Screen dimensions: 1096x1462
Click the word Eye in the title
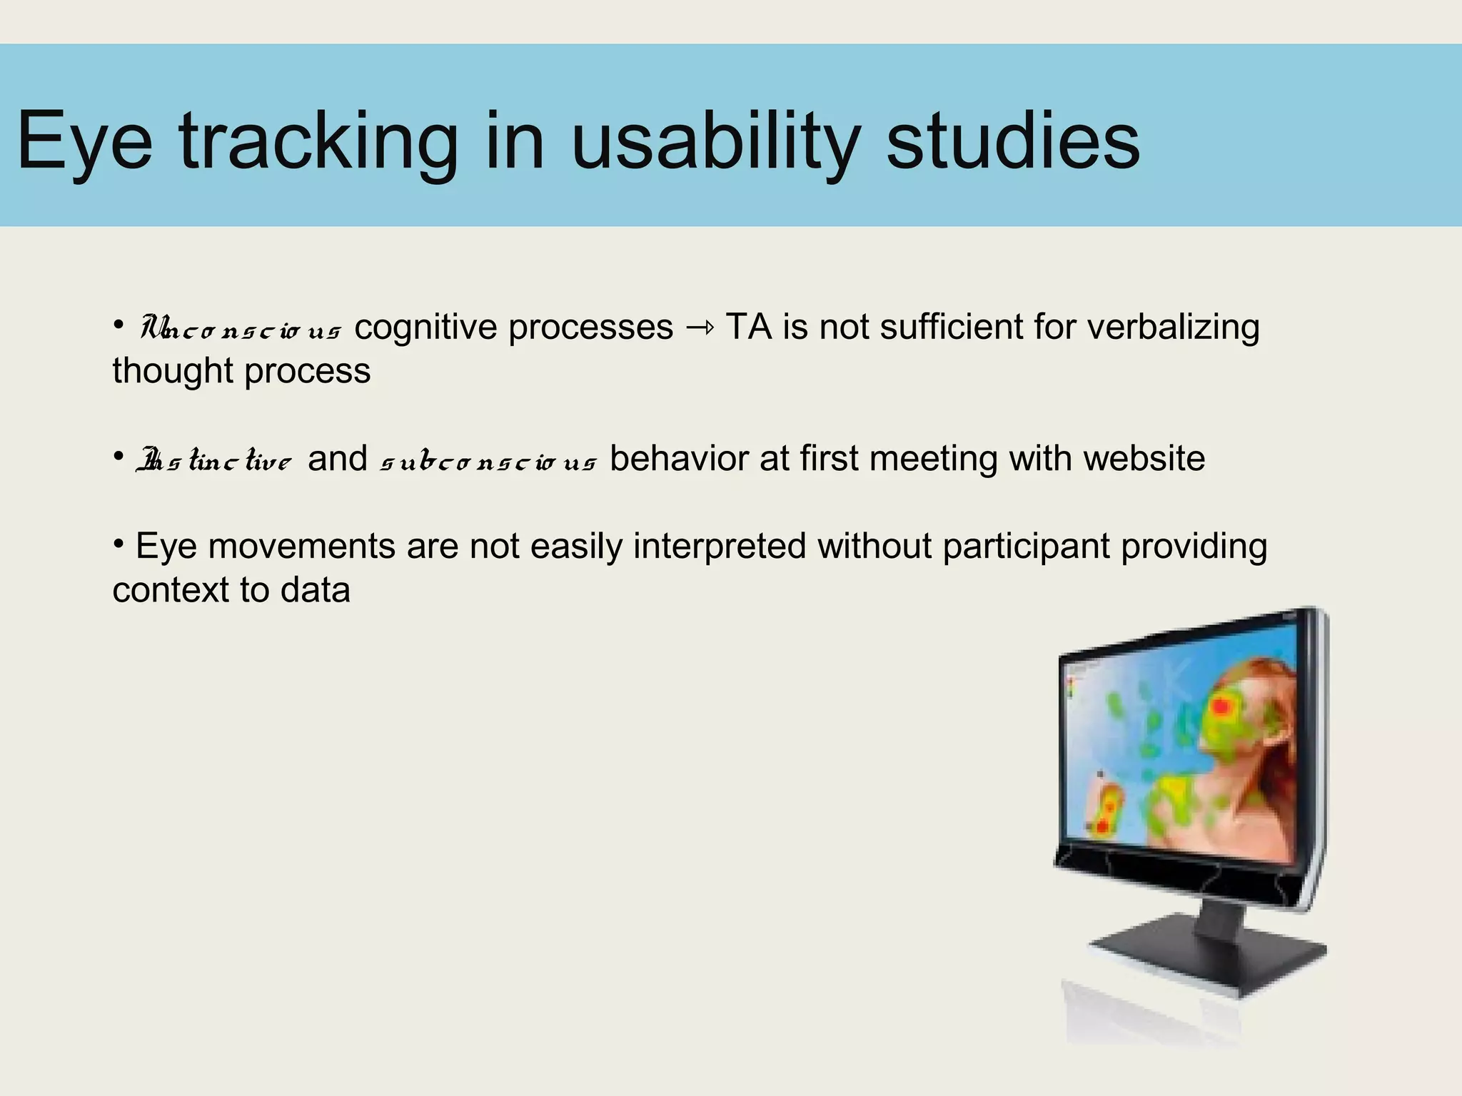(84, 141)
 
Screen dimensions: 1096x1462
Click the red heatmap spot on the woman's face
(1221, 707)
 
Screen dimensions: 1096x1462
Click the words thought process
(241, 372)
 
